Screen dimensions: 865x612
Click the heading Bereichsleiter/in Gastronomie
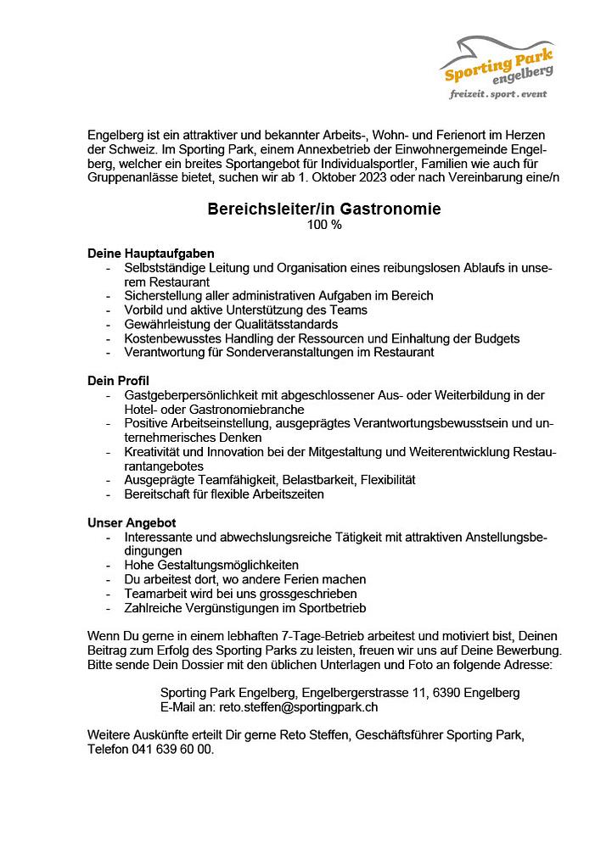click(324, 209)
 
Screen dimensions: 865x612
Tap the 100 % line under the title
click(323, 225)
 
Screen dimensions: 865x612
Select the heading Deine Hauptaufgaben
click(150, 254)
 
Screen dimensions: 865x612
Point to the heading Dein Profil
click(118, 382)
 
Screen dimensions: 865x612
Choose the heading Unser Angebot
click(132, 523)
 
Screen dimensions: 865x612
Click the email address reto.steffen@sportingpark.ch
click(299, 706)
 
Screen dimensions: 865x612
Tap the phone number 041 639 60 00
click(172, 750)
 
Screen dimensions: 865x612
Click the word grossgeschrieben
click(304, 594)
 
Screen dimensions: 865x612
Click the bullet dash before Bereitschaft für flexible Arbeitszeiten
click(109, 494)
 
